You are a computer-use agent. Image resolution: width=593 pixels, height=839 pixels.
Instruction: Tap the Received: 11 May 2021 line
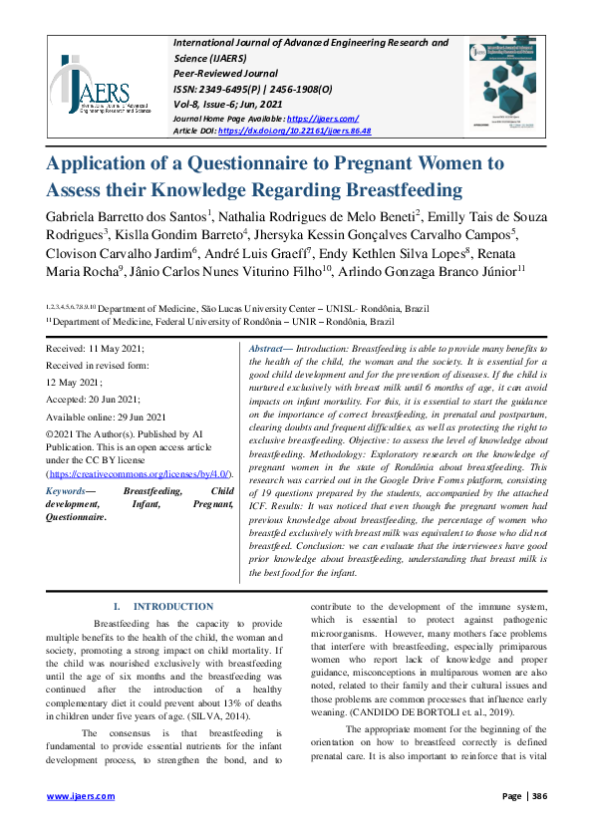[96, 349]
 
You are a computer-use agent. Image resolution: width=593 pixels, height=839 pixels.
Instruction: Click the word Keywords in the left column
[66, 491]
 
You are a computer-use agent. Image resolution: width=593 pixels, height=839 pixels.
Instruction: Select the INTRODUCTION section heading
[173, 606]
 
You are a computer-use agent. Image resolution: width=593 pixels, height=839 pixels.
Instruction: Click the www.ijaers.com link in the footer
[81, 796]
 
